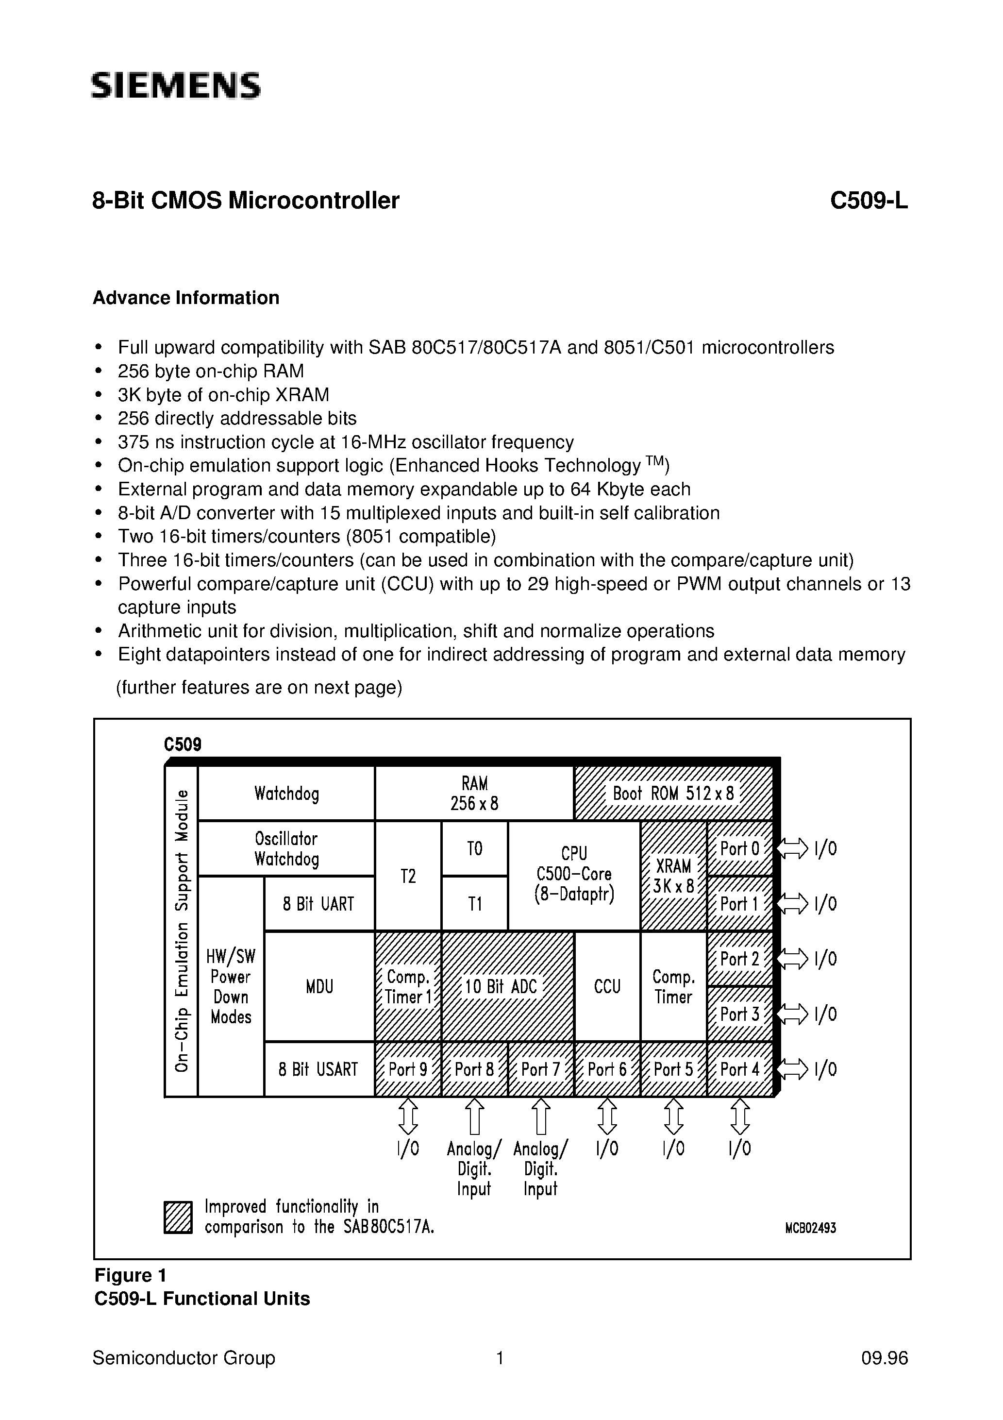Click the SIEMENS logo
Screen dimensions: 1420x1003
pyautogui.click(x=176, y=85)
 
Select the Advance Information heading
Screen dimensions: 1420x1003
pyautogui.click(x=186, y=298)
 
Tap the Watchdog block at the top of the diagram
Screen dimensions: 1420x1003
pyautogui.click(x=286, y=794)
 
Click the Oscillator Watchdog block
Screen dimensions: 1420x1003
pyautogui.click(x=286, y=848)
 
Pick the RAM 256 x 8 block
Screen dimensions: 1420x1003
pyautogui.click(x=474, y=794)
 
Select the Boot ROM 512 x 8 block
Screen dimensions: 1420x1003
pyautogui.click(x=673, y=794)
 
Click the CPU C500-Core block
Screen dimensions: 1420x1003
pyautogui.click(x=574, y=875)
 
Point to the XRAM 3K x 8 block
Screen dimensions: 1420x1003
pyautogui.click(x=673, y=876)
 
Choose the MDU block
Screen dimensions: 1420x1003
pyautogui.click(x=319, y=986)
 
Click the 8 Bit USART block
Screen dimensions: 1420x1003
pyautogui.click(x=318, y=1069)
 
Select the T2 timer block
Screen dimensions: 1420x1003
pyautogui.click(x=408, y=876)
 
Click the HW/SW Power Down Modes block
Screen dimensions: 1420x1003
pyautogui.click(x=231, y=986)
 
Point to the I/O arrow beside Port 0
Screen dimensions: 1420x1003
pyautogui.click(x=792, y=848)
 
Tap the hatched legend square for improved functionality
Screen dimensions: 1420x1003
pyautogui.click(x=178, y=1217)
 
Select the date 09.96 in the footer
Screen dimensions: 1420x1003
pyautogui.click(x=884, y=1358)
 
